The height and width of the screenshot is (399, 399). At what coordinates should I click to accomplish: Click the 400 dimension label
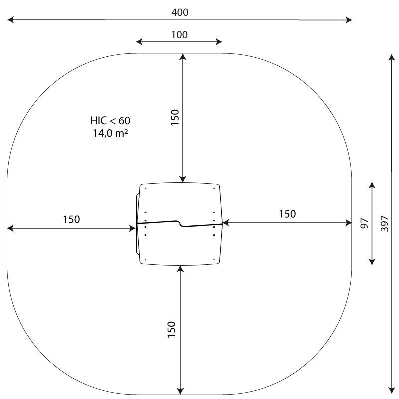click(180, 12)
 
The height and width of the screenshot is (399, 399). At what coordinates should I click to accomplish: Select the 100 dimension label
click(179, 35)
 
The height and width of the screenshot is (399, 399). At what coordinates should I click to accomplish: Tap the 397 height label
click(385, 223)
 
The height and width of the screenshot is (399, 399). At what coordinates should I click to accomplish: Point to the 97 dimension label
click(365, 223)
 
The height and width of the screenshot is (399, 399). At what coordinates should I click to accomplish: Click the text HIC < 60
click(110, 121)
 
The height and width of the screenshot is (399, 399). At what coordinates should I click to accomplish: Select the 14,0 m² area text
click(110, 133)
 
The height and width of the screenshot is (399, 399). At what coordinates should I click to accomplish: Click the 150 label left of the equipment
click(71, 219)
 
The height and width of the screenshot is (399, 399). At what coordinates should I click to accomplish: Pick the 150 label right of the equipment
click(288, 214)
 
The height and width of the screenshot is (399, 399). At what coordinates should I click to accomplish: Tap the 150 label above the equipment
click(175, 117)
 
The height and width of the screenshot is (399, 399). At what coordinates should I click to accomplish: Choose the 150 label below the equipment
click(172, 330)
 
